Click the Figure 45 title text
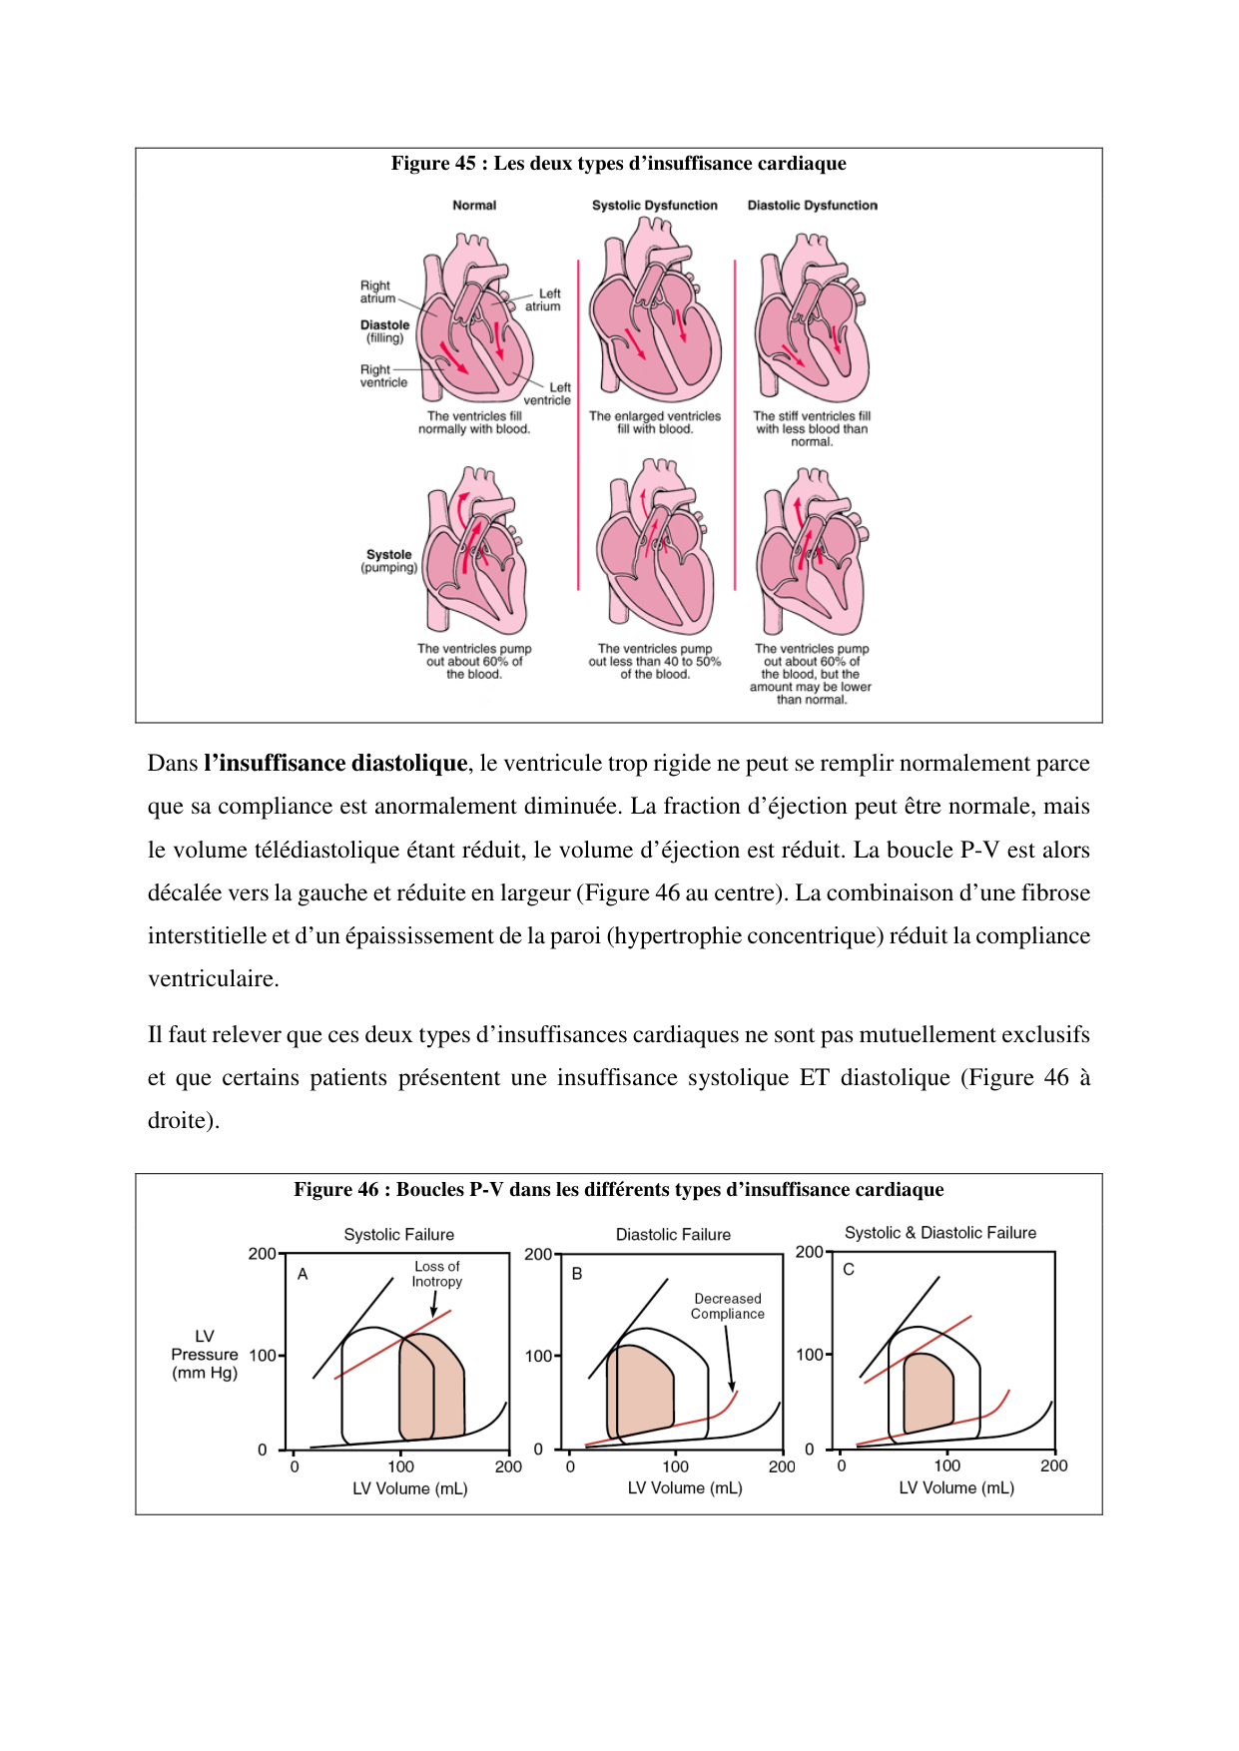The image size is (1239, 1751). click(618, 164)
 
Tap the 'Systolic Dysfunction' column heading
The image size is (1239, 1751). click(654, 206)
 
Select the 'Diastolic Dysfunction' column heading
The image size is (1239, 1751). click(812, 206)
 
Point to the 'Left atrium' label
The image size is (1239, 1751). click(545, 300)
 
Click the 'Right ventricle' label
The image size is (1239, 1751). click(383, 376)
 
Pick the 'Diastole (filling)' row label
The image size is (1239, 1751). click(384, 331)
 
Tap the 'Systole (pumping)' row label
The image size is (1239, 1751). click(388, 561)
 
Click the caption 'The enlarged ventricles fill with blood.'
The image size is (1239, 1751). click(654, 423)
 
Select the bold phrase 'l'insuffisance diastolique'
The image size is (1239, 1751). click(335, 764)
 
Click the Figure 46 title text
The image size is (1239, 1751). click(618, 1190)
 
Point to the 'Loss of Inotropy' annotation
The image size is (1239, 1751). click(437, 1274)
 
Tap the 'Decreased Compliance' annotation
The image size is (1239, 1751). click(728, 1306)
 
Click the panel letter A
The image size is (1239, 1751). click(303, 1274)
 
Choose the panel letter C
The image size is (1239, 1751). click(849, 1270)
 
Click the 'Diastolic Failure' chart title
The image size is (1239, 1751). click(673, 1235)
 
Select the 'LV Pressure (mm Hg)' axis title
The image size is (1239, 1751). click(205, 1355)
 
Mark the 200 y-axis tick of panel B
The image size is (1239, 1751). click(537, 1255)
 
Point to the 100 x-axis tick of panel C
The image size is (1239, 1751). click(946, 1465)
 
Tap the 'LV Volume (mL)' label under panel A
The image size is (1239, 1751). click(409, 1488)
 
